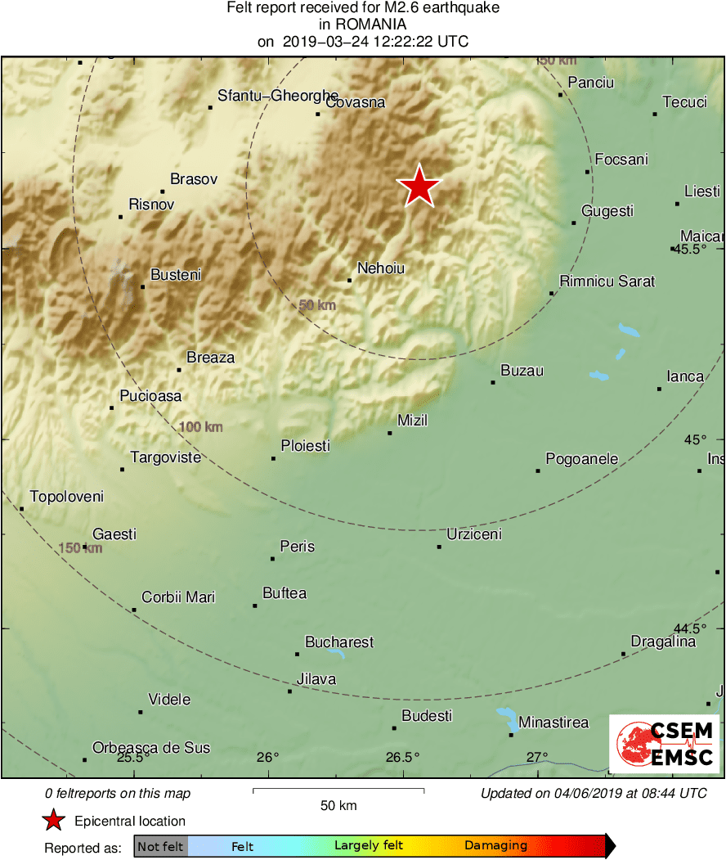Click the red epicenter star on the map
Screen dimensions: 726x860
click(419, 187)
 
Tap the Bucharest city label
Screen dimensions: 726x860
click(339, 642)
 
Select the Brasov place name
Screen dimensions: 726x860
click(194, 179)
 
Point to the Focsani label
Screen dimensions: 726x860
click(621, 160)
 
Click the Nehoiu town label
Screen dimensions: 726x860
click(381, 268)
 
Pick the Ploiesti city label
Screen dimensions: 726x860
click(305, 446)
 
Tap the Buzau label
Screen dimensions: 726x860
click(522, 371)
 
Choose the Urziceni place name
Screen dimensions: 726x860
click(474, 534)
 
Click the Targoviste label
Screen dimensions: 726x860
click(166, 457)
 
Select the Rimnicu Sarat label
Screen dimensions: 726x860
click(607, 281)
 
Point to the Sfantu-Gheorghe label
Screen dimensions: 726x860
click(278, 96)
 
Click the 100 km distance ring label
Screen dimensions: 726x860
click(201, 427)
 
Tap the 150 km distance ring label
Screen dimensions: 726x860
click(80, 548)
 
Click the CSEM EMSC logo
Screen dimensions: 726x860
click(665, 744)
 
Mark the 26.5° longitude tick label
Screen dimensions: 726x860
click(403, 757)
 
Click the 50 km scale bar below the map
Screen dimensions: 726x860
click(338, 790)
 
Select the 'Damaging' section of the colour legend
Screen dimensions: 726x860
click(496, 846)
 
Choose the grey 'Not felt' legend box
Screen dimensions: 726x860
click(160, 846)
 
